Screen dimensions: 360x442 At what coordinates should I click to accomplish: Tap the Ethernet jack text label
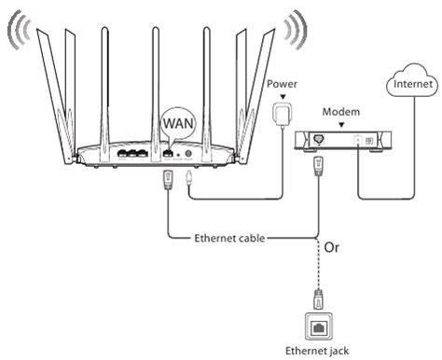tap(321, 350)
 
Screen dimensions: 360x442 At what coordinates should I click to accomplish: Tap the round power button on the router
tap(191, 153)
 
